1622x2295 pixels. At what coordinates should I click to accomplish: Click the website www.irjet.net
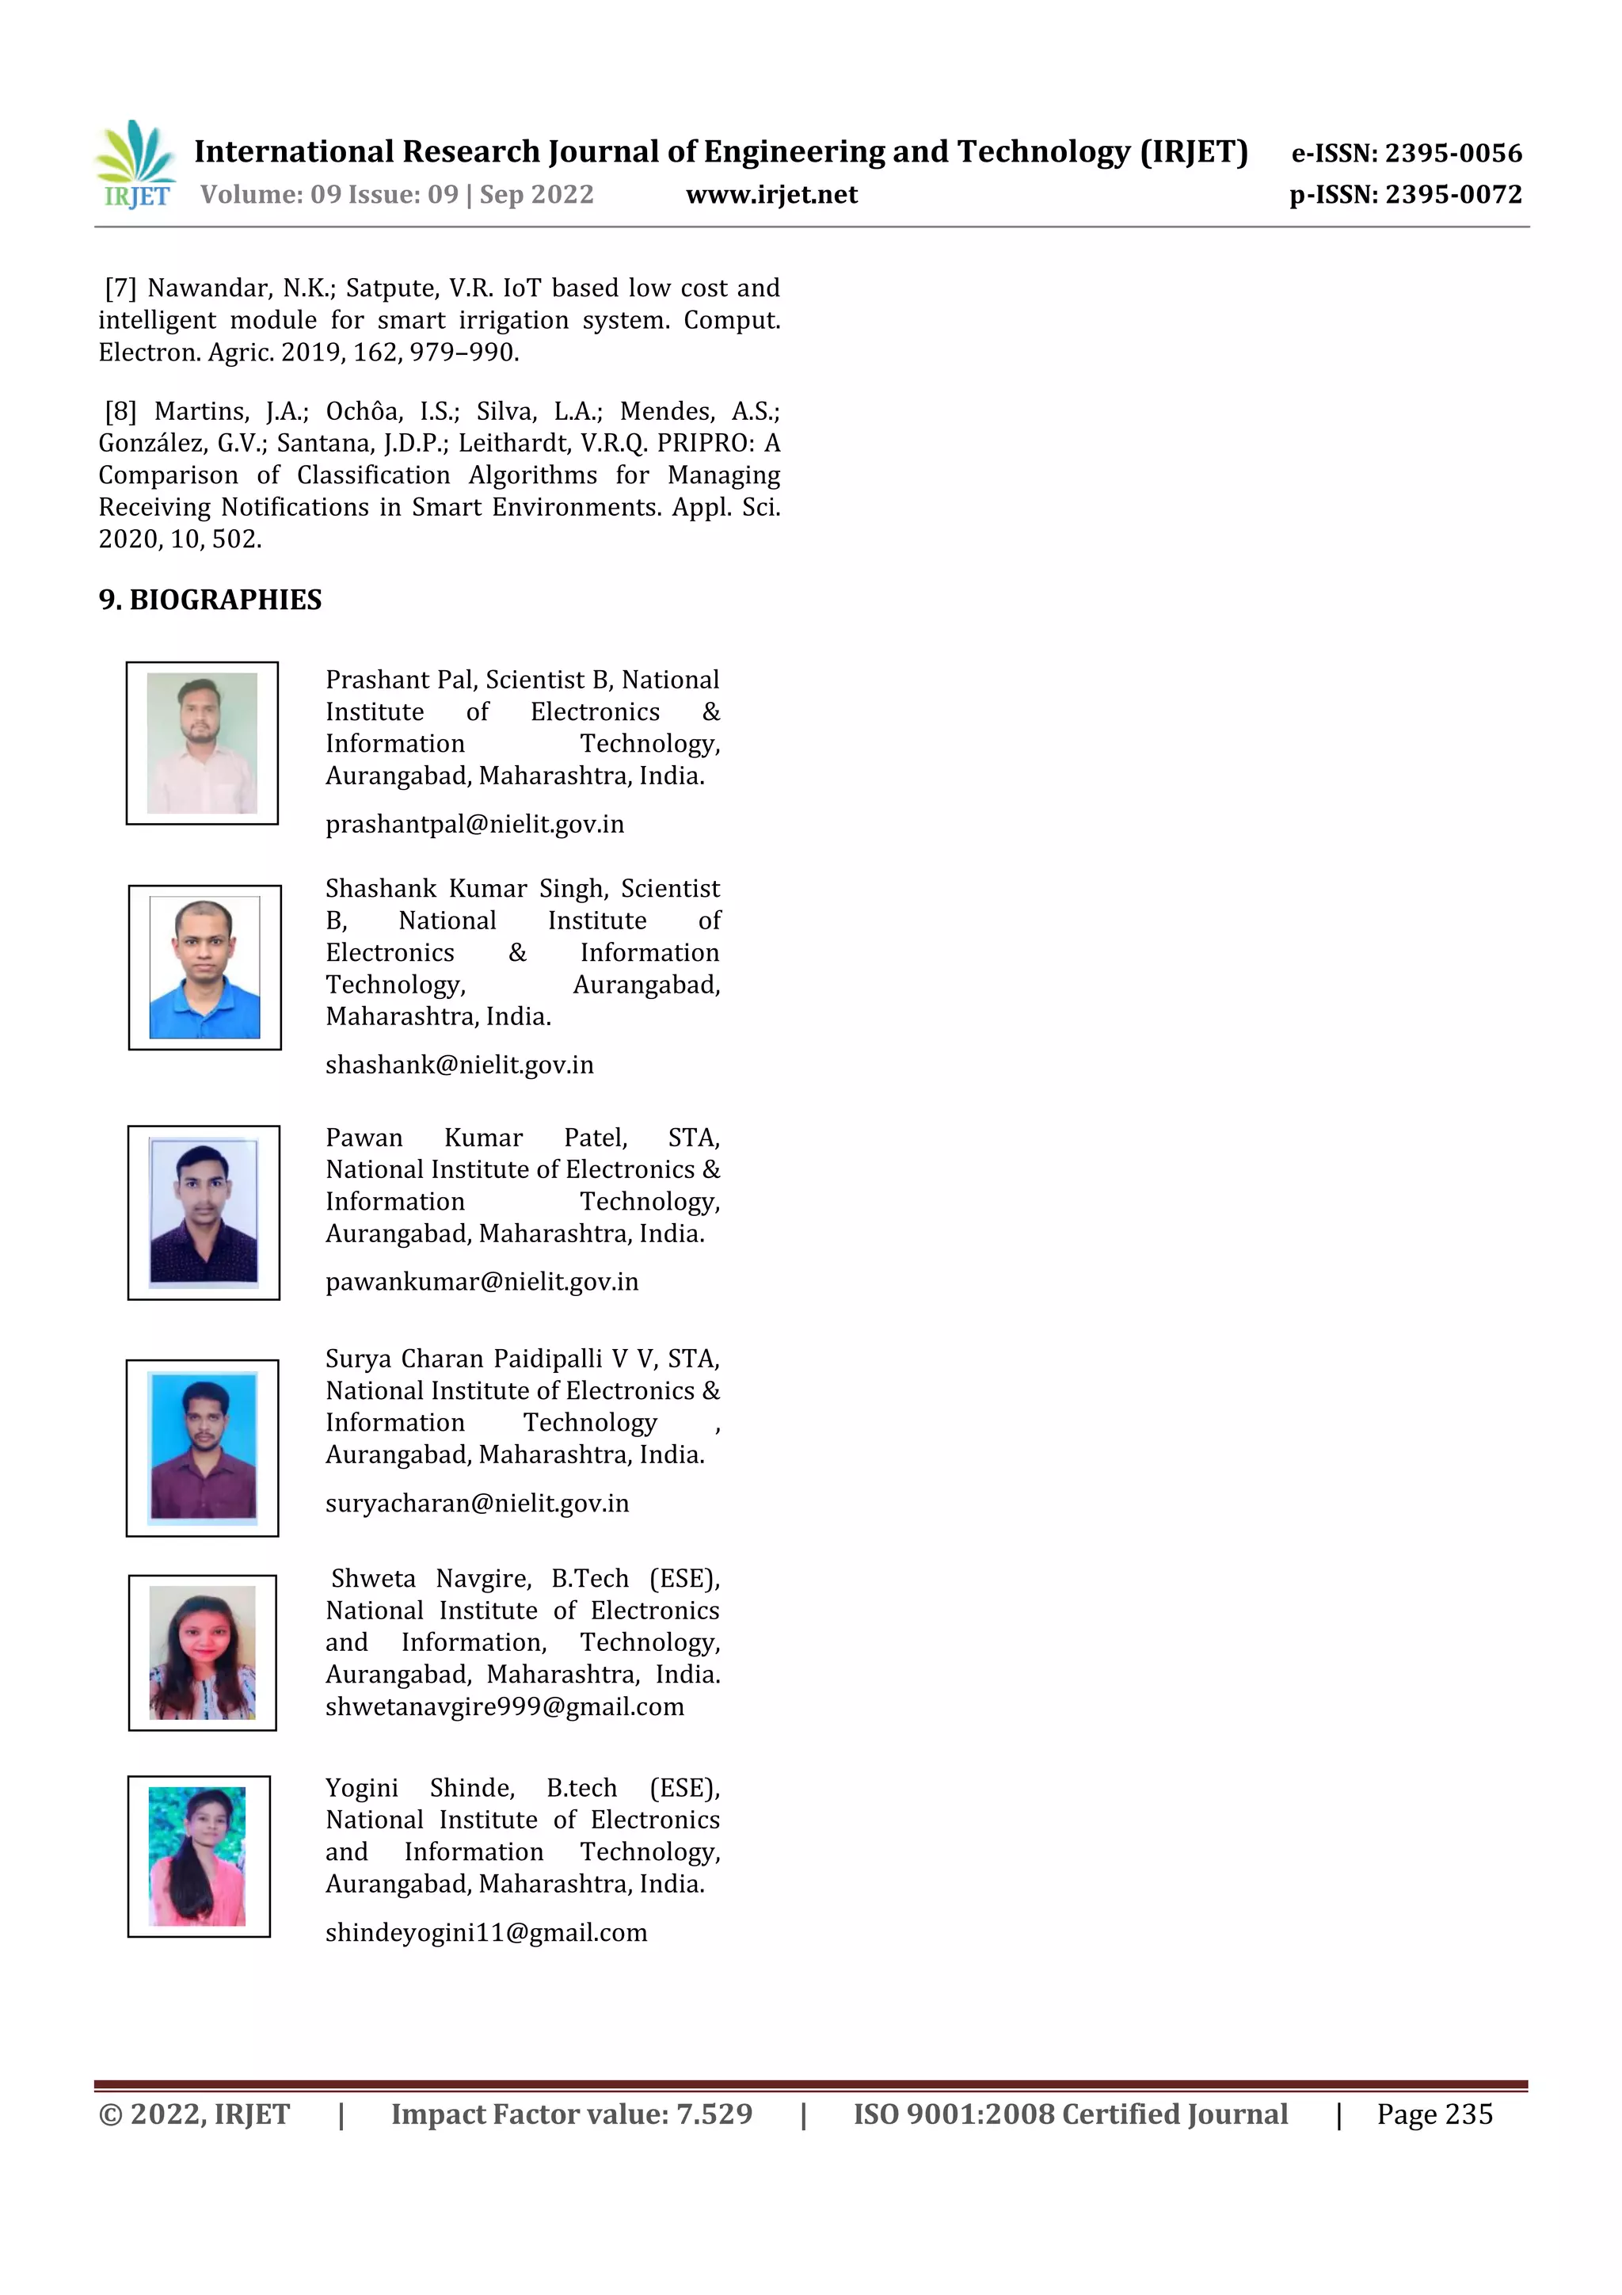click(771, 195)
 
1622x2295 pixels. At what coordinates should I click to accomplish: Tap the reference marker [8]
click(121, 412)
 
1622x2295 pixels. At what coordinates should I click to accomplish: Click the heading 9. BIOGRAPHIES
click(210, 600)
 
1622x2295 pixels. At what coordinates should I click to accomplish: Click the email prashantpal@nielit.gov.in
click(474, 825)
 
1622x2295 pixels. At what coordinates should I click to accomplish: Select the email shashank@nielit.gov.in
click(459, 1066)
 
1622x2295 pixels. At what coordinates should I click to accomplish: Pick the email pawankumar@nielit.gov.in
click(482, 1283)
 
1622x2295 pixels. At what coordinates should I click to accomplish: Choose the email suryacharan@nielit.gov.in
click(477, 1504)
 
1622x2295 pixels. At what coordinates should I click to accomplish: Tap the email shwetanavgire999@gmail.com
click(504, 1707)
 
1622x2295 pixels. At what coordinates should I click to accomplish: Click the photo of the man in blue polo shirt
click(205, 966)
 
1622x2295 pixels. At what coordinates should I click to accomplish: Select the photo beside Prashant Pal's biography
click(202, 742)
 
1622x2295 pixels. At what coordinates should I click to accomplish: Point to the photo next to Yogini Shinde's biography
click(198, 1856)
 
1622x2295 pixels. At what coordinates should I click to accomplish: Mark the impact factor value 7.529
click(714, 2114)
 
